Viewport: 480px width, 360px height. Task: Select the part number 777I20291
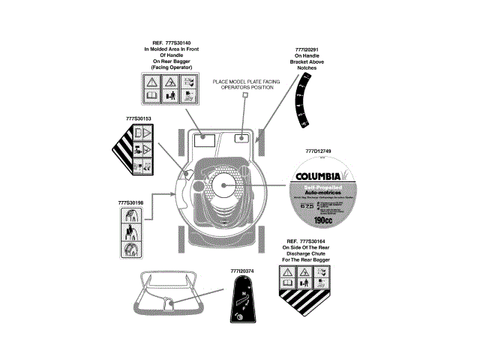pyautogui.click(x=307, y=48)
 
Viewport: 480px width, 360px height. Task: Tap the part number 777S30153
pyautogui.click(x=139, y=118)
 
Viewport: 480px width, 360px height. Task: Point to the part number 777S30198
pyautogui.click(x=131, y=203)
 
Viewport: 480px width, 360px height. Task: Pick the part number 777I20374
pyautogui.click(x=241, y=270)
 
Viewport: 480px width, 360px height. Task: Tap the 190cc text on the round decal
pyautogui.click(x=330, y=221)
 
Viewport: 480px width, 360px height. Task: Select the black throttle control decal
pyautogui.click(x=241, y=307)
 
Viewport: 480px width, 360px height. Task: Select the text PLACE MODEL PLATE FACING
pyautogui.click(x=243, y=82)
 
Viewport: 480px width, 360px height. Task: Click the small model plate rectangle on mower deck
pyautogui.click(x=243, y=138)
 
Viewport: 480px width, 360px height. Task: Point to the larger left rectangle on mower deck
pyautogui.click(x=205, y=139)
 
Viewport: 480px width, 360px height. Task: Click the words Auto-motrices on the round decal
pyautogui.click(x=318, y=193)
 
